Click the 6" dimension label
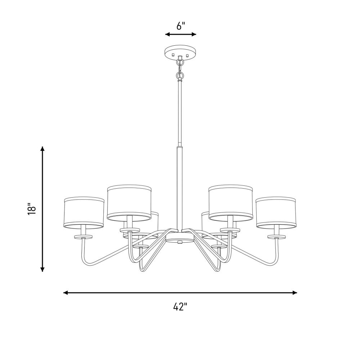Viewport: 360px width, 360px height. [181, 26]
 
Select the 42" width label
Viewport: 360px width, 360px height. [180, 306]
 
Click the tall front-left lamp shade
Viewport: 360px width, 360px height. [129, 202]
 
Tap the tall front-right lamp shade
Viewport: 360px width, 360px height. [230, 202]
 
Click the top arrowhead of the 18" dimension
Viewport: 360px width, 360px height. [42, 149]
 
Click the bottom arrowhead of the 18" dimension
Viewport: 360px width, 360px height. [42, 269]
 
